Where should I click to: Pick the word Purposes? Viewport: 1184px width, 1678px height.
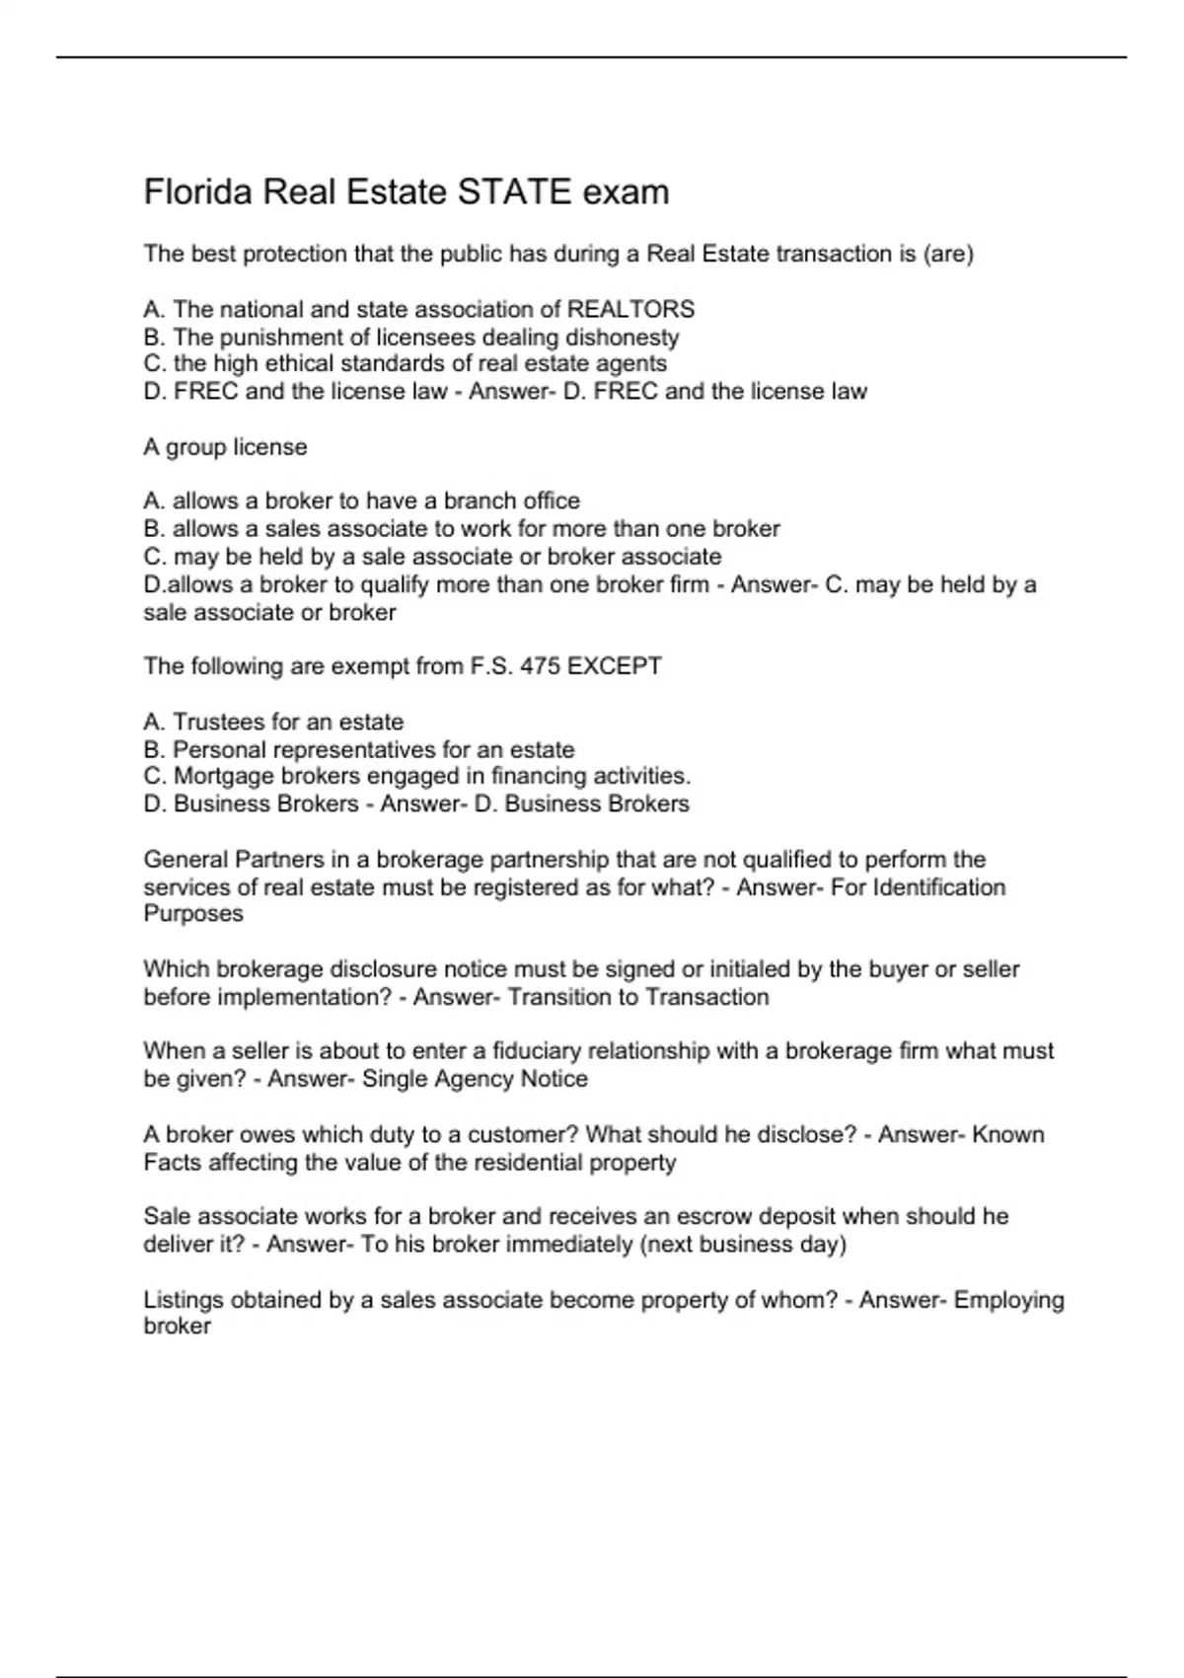193,914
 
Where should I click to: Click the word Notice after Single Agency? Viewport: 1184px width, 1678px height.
554,1079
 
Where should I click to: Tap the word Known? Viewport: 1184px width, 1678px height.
1008,1135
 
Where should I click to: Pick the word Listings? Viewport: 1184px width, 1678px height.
184,1300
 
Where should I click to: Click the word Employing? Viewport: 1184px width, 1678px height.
1009,1300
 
